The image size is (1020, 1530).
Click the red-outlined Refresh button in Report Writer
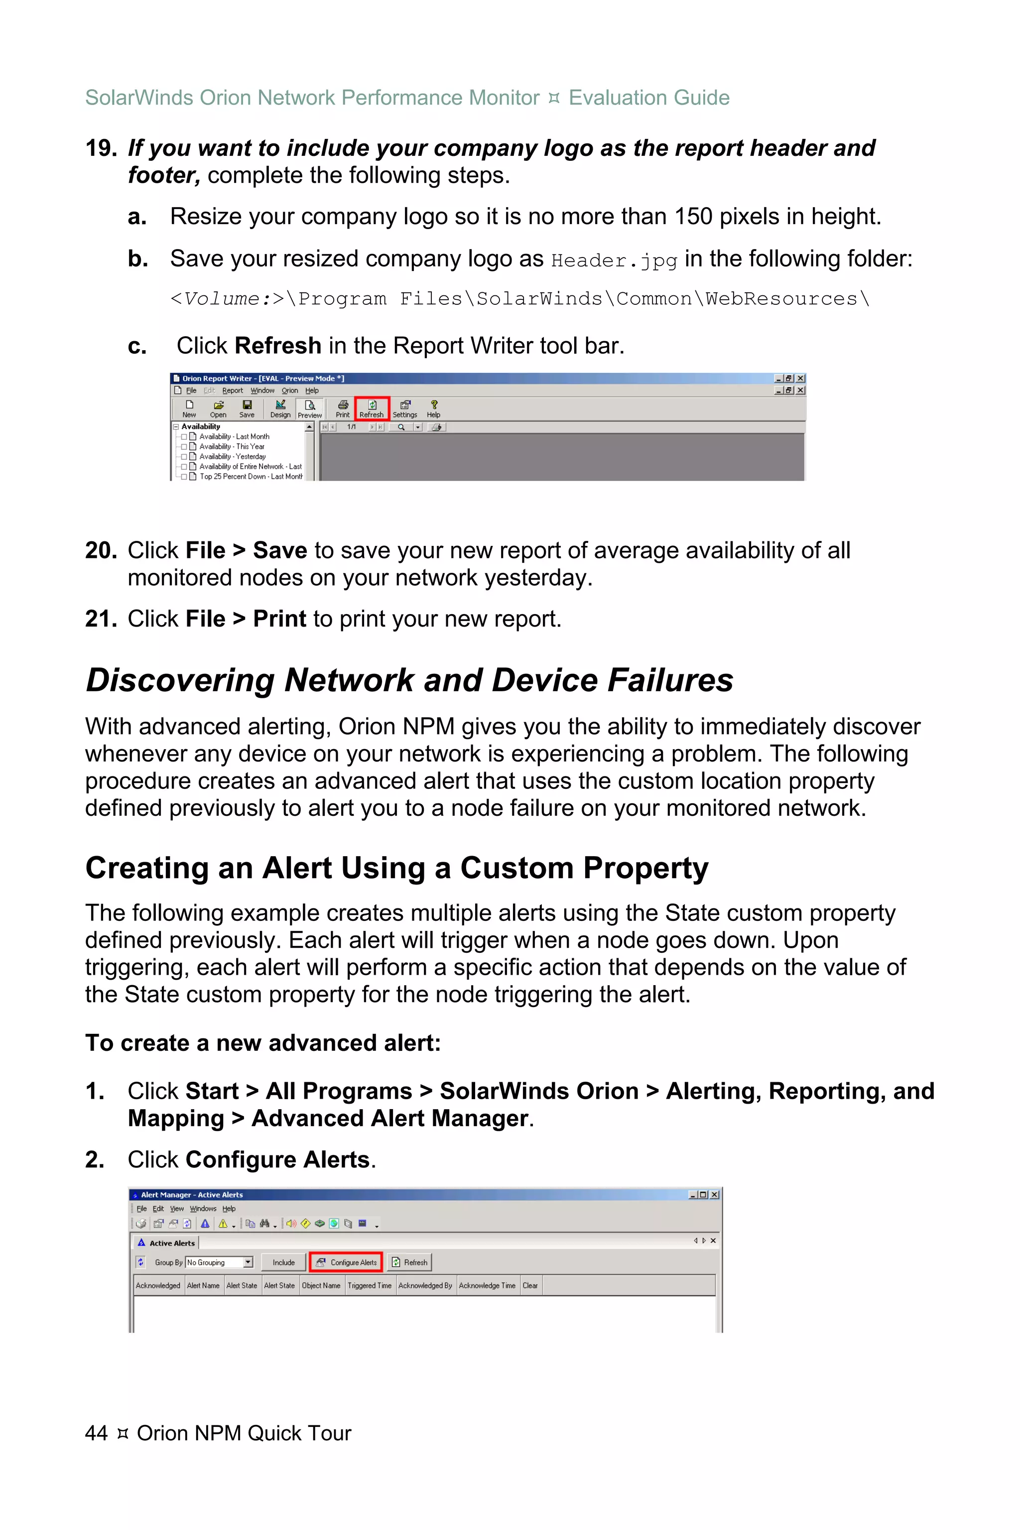[372, 408]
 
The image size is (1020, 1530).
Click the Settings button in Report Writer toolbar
[404, 408]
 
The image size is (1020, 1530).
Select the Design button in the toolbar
[280, 408]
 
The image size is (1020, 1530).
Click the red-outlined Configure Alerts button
[346, 1262]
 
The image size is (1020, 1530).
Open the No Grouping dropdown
[248, 1262]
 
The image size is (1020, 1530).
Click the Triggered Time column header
[369, 1285]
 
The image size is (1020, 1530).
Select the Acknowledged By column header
[425, 1285]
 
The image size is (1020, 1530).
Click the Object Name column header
[321, 1285]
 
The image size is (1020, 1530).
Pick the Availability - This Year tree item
[232, 446]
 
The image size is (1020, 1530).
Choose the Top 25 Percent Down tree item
[251, 476]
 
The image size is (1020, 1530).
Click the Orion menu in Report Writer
[289, 390]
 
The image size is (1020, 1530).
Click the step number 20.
[100, 550]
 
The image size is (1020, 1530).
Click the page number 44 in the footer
[96, 1433]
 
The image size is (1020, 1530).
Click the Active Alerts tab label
[172, 1243]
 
